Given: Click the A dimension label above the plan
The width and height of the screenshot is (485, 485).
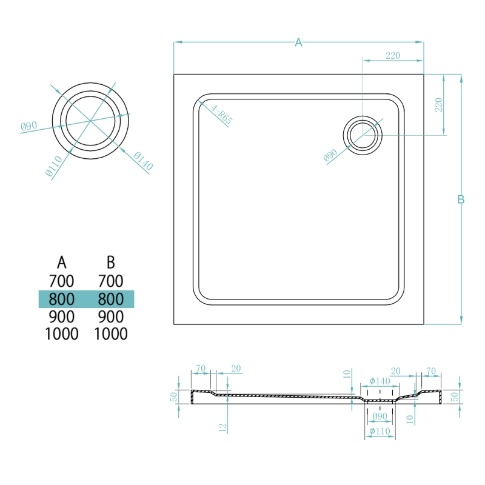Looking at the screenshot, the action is pyautogui.click(x=298, y=42).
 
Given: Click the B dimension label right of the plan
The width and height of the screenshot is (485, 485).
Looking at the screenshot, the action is pyautogui.click(x=461, y=199).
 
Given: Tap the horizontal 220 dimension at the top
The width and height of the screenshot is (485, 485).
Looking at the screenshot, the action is pyautogui.click(x=393, y=56).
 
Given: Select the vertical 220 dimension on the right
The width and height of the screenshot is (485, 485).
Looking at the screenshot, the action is pyautogui.click(x=438, y=105).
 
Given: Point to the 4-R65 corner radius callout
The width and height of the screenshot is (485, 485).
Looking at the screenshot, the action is pyautogui.click(x=222, y=114).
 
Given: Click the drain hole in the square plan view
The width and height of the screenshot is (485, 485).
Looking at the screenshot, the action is pyautogui.click(x=363, y=135).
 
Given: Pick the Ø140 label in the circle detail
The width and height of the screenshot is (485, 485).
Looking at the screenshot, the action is pyautogui.click(x=143, y=161).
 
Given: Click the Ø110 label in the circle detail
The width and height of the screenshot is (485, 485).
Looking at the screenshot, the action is pyautogui.click(x=54, y=166).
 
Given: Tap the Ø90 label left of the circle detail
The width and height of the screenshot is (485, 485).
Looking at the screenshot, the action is pyautogui.click(x=28, y=126).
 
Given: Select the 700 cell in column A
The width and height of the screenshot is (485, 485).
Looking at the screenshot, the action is pyautogui.click(x=62, y=281).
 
